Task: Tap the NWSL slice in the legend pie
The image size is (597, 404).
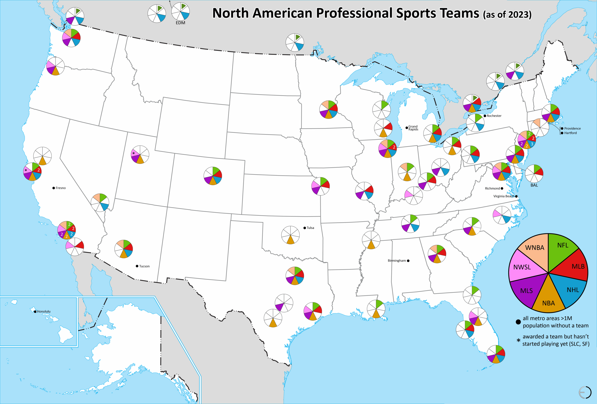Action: click(x=522, y=267)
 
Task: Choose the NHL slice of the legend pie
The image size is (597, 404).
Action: click(x=573, y=290)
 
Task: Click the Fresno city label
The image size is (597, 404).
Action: click(x=61, y=188)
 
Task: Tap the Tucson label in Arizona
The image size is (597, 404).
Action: click(x=144, y=266)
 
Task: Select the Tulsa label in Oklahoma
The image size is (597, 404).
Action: click(x=310, y=228)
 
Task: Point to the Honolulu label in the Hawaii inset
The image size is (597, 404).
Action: click(x=44, y=311)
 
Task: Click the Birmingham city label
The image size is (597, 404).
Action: click(x=397, y=261)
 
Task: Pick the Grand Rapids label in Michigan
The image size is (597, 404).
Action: click(x=413, y=128)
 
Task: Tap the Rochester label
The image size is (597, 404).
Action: click(x=494, y=116)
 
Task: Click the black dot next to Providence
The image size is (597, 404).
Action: click(x=562, y=128)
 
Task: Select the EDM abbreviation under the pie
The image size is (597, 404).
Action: click(x=180, y=23)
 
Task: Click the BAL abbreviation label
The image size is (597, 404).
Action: click(x=534, y=185)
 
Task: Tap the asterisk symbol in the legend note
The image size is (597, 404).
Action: click(x=518, y=341)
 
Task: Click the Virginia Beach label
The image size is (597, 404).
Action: click(x=504, y=196)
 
